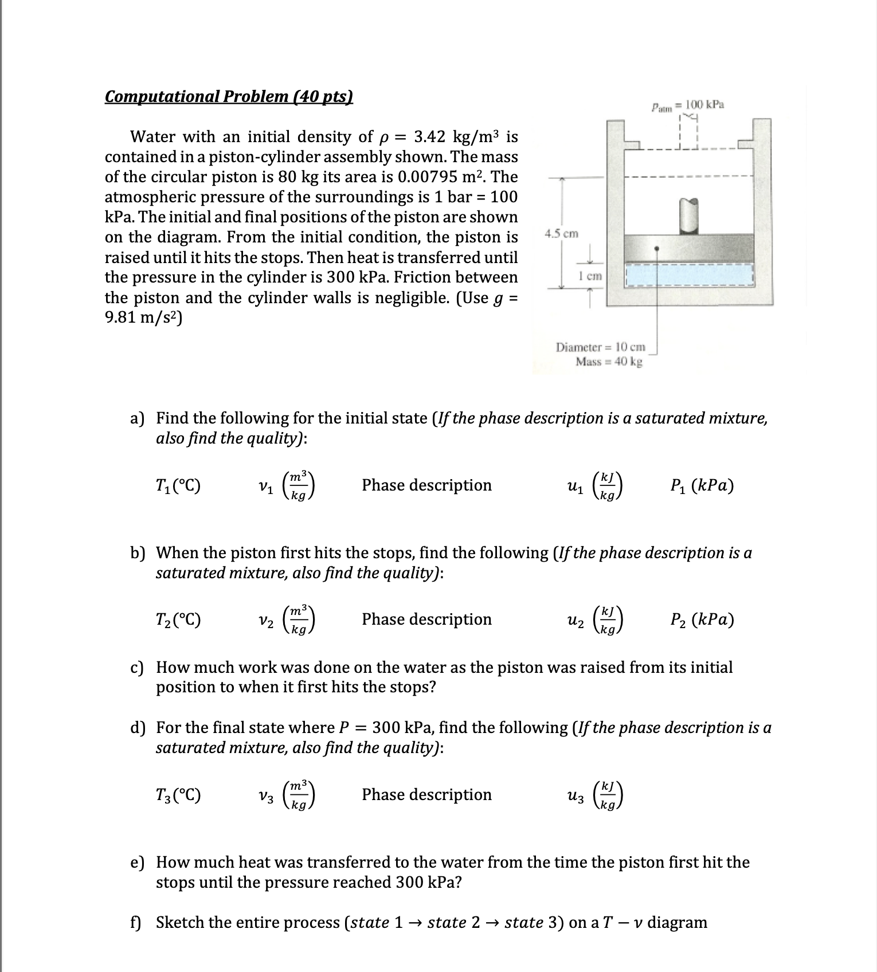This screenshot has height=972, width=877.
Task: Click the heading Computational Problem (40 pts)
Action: [228, 96]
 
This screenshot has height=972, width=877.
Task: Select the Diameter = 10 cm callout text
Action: [600, 347]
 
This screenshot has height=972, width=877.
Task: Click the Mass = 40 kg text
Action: [609, 362]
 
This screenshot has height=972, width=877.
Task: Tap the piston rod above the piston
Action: [689, 215]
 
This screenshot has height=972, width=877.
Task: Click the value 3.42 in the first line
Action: [429, 136]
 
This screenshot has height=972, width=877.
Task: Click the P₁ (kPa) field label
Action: [702, 485]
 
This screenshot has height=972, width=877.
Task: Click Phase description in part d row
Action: [426, 794]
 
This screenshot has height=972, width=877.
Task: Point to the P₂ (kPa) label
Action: [702, 620]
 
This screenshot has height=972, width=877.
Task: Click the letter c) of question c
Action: [137, 667]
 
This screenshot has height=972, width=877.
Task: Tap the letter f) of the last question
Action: [136, 922]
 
